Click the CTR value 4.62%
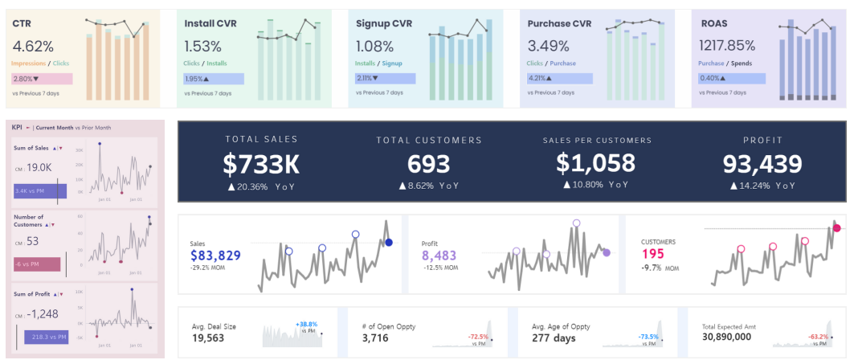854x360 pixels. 34,47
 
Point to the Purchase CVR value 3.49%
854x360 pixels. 548,47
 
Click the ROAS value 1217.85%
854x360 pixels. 727,46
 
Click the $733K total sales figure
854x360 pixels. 261,164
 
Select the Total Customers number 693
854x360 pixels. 428,164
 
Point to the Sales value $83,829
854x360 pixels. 215,256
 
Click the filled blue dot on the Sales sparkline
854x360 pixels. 389,243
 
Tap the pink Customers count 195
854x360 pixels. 652,254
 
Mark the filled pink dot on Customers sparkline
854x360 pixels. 836,228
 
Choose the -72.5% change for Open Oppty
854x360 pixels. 478,336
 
